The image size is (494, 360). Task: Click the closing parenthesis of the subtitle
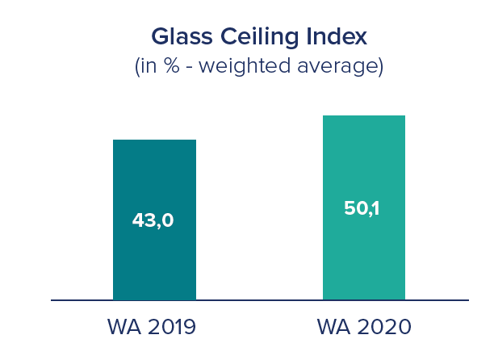(x=380, y=66)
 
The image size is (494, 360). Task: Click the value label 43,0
(x=153, y=220)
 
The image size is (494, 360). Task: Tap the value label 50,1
(x=362, y=207)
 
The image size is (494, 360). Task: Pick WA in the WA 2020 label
(x=331, y=327)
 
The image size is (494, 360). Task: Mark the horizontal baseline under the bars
(x=258, y=300)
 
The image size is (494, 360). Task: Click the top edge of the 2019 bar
(x=154, y=140)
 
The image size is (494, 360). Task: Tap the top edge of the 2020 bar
(x=363, y=116)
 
